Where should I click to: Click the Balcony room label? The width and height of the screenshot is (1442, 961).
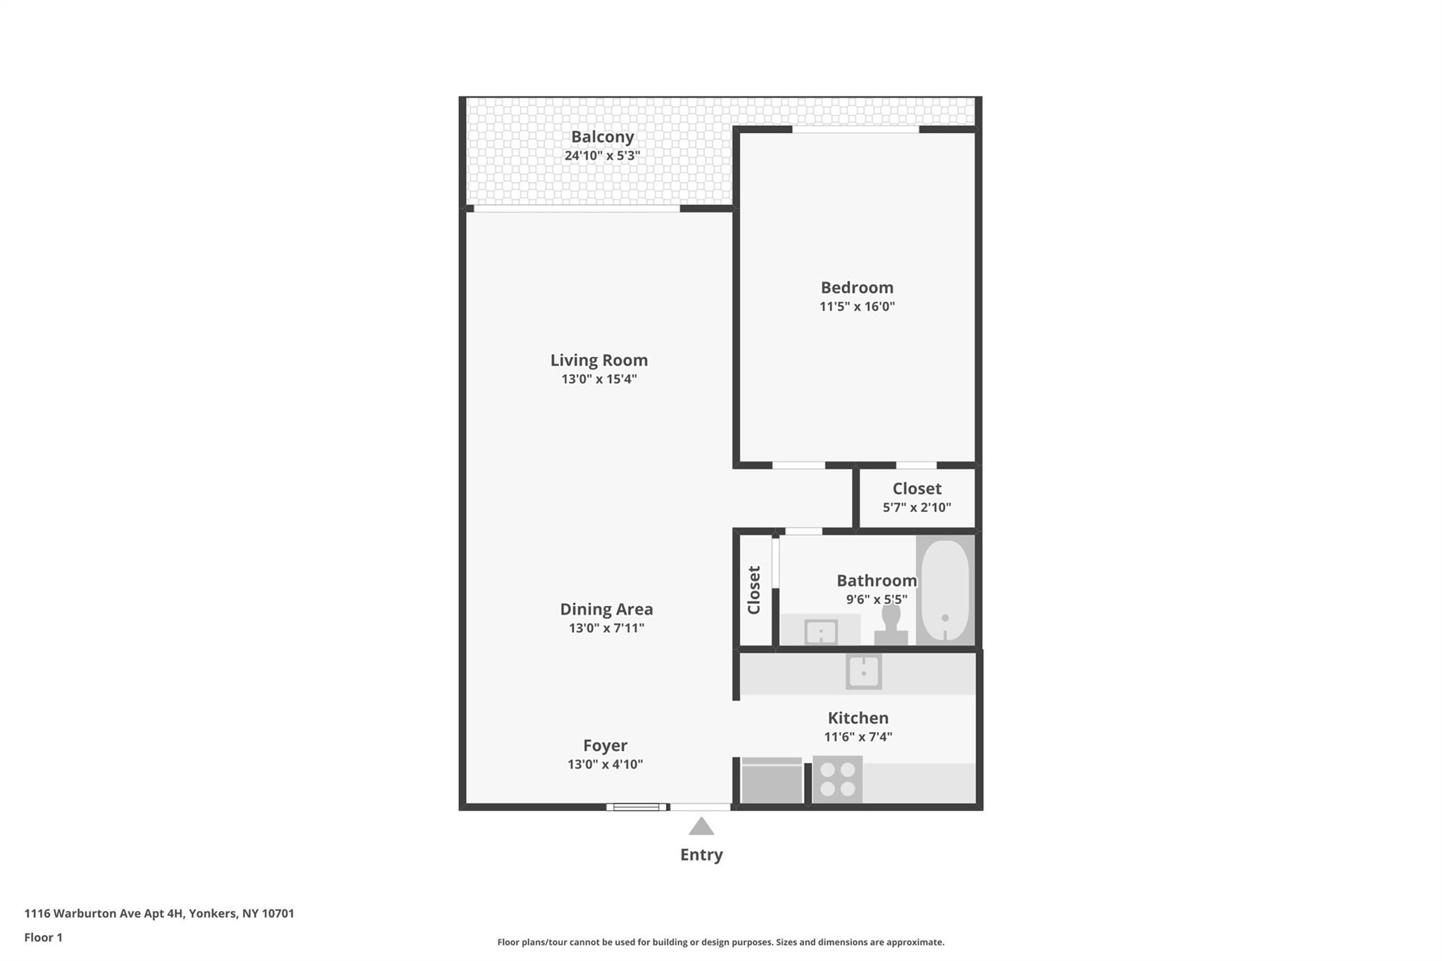coord(602,137)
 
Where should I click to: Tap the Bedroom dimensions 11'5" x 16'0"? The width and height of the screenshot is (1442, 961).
coord(857,306)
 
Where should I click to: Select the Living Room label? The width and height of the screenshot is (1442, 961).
coord(599,360)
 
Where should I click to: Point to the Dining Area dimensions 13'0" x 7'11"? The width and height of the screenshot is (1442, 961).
coord(606,628)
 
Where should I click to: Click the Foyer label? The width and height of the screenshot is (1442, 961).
coord(605,745)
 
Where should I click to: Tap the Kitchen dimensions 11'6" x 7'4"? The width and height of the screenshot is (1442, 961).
coord(858,737)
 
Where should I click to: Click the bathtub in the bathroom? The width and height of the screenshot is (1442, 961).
coord(945,590)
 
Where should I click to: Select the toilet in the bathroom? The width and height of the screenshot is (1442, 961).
coord(891,624)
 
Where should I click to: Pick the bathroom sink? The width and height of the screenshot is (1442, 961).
coord(821,632)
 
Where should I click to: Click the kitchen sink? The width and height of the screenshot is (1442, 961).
coord(863,672)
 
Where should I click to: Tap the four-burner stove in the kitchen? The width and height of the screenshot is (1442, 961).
coord(837,779)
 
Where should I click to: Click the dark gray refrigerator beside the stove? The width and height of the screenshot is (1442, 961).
coord(772,780)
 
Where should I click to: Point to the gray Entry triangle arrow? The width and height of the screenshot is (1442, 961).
coord(701,826)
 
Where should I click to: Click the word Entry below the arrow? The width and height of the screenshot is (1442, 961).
coord(701,855)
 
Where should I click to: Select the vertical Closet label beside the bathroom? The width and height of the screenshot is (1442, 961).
coord(754,590)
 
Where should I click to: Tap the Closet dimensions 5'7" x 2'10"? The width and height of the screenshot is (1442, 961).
coord(917,508)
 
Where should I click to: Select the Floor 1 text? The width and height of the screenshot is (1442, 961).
coord(44,937)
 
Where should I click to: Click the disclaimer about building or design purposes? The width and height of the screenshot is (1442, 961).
coord(720,942)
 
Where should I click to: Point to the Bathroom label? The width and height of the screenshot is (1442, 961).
coord(877,580)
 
